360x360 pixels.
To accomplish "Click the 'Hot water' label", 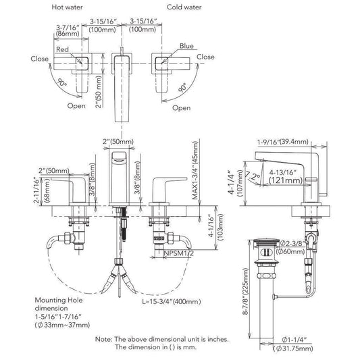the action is tap(67, 7).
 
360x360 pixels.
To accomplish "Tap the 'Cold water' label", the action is tap(184, 7).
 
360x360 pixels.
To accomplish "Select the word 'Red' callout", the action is tap(62, 49).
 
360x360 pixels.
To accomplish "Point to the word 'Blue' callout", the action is tap(186, 46).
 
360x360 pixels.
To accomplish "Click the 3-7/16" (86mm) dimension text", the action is tap(68, 30).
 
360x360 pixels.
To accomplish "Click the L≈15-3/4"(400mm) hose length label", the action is tap(172, 301).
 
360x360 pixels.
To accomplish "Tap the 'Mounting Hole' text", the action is tap(59, 300).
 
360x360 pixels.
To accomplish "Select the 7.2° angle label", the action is tap(253, 176).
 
